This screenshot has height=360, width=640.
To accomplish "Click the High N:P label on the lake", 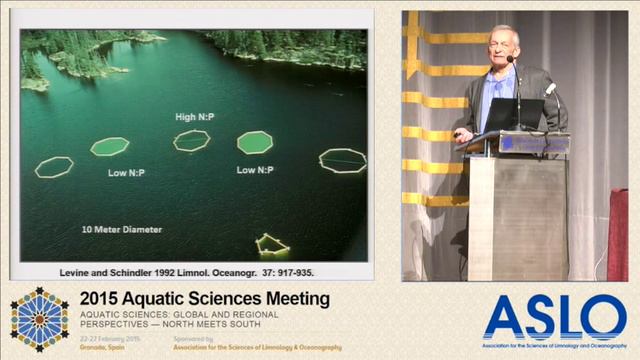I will click(194, 117).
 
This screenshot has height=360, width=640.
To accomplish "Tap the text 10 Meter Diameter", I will click(122, 229).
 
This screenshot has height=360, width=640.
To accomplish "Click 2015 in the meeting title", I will click(103, 298).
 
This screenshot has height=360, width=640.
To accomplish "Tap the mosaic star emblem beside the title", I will click(40, 320).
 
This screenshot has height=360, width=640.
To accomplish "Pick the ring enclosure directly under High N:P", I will click(191, 141).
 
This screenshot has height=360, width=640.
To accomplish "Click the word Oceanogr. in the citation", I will click(239, 272).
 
